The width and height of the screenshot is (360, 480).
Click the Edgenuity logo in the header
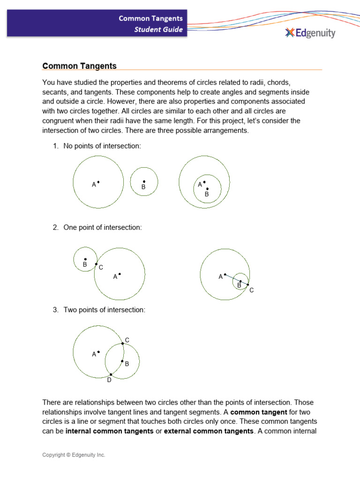pyautogui.click(x=310, y=33)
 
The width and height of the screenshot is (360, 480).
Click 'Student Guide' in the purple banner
pyautogui.click(x=158, y=30)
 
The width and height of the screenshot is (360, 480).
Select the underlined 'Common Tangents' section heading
pyautogui.click(x=79, y=66)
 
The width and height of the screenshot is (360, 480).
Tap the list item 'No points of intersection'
pyautogui.click(x=102, y=146)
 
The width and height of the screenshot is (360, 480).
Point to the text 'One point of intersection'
pyautogui.click(x=102, y=227)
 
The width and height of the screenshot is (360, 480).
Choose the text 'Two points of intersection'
pyautogui.click(x=104, y=310)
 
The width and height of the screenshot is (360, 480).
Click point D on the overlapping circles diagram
pyautogui.click(x=111, y=374)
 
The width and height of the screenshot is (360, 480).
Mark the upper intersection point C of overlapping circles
pyautogui.click(x=123, y=344)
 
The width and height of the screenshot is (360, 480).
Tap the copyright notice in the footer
pyautogui.click(x=74, y=455)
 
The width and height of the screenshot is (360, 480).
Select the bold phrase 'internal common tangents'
pyautogui.click(x=110, y=431)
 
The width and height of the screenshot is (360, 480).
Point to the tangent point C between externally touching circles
pyautogui.click(x=96, y=264)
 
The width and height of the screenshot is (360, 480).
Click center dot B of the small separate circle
pyautogui.click(x=144, y=181)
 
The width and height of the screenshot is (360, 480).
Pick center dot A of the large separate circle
pyautogui.click(x=98, y=182)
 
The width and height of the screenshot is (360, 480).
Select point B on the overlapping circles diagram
pyautogui.click(x=122, y=361)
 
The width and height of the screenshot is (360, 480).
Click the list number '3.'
pyautogui.click(x=55, y=310)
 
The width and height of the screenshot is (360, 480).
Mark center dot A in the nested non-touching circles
pyautogui.click(x=204, y=182)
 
